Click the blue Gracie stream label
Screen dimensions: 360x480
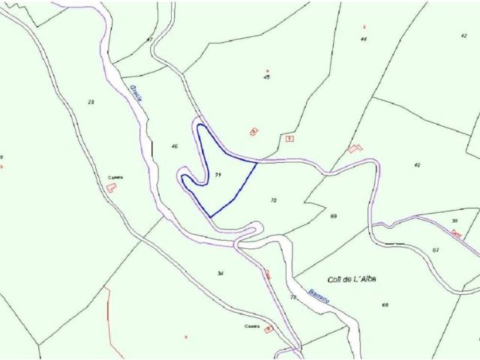click(x=138, y=95)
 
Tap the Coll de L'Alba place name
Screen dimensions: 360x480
click(x=346, y=279)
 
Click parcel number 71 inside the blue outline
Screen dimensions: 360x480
click(x=217, y=175)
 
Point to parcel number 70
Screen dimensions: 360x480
click(x=273, y=200)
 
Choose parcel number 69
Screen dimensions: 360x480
click(x=333, y=216)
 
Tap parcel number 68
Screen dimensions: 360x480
click(x=385, y=305)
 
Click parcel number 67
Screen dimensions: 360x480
click(x=435, y=250)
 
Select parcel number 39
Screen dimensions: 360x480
click(x=454, y=220)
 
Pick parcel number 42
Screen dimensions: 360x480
click(x=464, y=36)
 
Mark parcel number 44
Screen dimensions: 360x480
click(x=363, y=38)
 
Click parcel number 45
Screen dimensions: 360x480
click(x=266, y=77)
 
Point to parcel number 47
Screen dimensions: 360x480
click(x=149, y=39)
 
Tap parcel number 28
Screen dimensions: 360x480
click(x=91, y=102)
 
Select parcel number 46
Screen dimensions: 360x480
click(x=174, y=146)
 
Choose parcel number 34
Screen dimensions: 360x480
click(x=220, y=273)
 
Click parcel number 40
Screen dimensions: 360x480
click(x=417, y=165)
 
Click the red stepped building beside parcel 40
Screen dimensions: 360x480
click(x=355, y=148)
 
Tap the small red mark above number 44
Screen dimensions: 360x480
click(x=363, y=27)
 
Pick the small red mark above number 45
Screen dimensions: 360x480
click(x=267, y=70)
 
